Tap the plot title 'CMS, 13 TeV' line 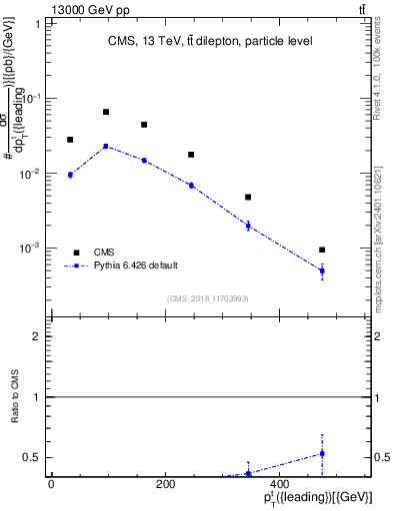(209, 42)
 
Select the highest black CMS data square (106, 112)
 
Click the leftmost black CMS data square (70, 140)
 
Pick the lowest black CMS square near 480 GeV (322, 250)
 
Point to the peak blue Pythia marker (106, 147)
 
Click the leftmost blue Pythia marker (70, 175)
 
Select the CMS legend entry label (104, 253)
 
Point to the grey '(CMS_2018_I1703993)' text (208, 297)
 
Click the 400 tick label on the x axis (280, 484)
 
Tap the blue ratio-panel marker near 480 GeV (322, 453)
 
